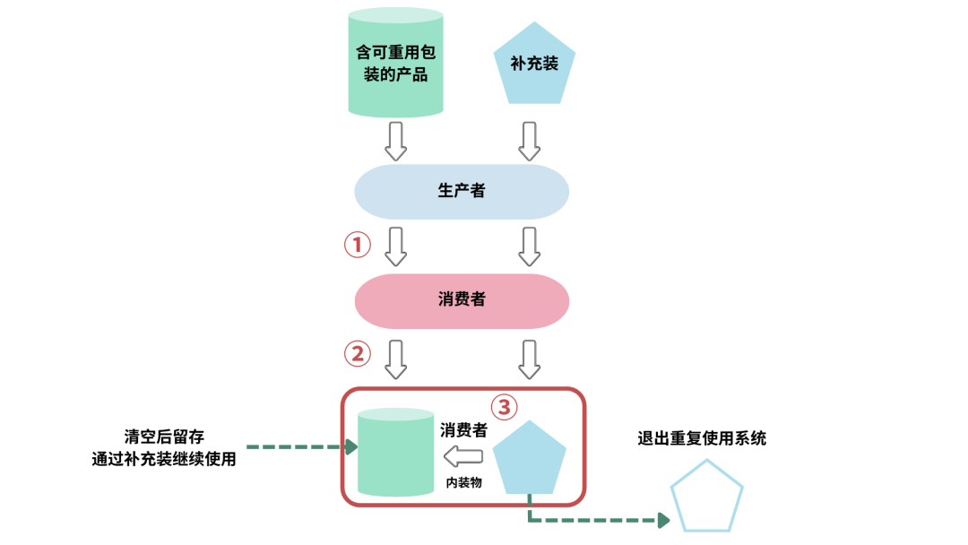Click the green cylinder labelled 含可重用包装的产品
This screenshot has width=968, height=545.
coord(395,63)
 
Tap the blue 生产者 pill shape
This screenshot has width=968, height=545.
coord(462,191)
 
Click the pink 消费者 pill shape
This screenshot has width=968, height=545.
coord(462,300)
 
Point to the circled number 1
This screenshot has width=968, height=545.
coord(358,245)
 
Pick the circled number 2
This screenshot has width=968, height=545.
coord(358,354)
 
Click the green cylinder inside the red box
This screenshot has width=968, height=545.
coord(395,453)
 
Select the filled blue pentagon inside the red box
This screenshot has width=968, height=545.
coord(531,459)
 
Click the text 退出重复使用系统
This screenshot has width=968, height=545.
coord(702,438)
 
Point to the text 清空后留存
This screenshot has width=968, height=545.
coord(164,437)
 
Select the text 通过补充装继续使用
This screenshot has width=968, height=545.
coord(164,460)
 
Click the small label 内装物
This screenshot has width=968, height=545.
coord(463,482)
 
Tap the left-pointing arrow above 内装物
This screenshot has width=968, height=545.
coord(463,456)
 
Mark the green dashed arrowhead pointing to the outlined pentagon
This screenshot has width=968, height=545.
coord(663,520)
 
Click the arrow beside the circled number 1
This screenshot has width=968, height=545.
coord(395,246)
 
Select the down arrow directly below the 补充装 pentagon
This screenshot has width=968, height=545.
coord(530,140)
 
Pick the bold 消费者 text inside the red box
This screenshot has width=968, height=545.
coord(463,430)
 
